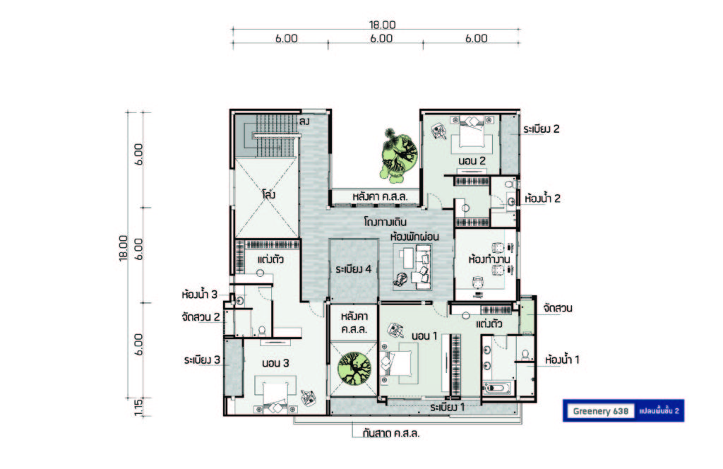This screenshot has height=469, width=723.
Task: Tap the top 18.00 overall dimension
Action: pos(382,25)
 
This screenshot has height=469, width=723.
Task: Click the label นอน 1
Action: pos(424,336)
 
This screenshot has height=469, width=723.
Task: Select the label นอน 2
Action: pos(472,161)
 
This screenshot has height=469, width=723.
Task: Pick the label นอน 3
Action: pos(275,363)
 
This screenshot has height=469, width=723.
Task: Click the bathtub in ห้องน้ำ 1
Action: pos(497,387)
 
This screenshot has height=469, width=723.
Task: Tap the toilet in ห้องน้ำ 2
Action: pos(510,184)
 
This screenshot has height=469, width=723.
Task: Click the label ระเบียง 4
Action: pos(354,269)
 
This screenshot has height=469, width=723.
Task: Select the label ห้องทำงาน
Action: pos(489,259)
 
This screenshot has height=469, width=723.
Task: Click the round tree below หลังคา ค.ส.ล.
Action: pos(354,368)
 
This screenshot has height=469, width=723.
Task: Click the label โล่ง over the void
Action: pos(268,194)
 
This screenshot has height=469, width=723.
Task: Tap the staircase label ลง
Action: pos(304,121)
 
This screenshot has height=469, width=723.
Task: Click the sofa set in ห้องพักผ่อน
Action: pos(412,266)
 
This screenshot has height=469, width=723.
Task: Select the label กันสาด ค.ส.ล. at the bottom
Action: pos(391,434)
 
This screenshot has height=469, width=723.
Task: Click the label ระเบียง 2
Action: pos(542,129)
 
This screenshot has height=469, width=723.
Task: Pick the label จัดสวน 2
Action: pos(201,317)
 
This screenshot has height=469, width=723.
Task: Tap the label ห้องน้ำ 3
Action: pos(200,295)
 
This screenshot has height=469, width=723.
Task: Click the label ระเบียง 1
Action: pos(447,408)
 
